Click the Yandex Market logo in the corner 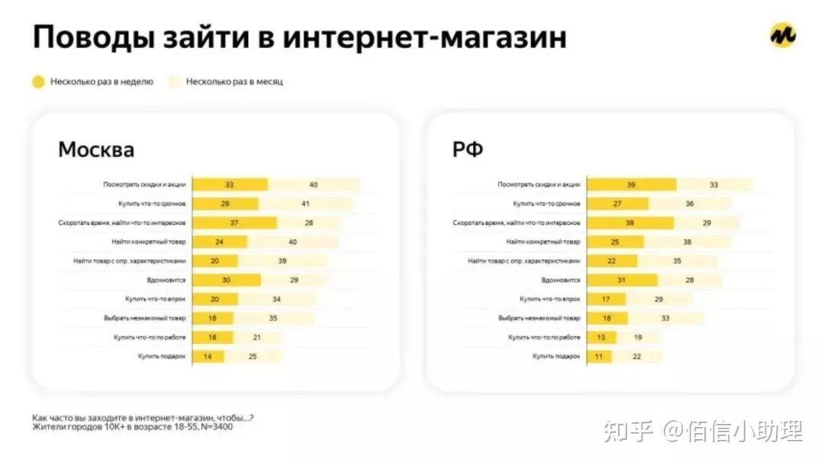(x=782, y=35)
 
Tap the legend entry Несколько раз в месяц (x=233, y=82)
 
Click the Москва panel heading (x=96, y=149)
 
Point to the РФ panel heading (x=468, y=149)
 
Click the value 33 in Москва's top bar (x=230, y=184)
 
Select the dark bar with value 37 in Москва (x=234, y=223)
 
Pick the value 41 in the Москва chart (x=305, y=204)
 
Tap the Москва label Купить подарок (x=162, y=356)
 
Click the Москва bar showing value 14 (x=208, y=356)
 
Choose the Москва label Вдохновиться (x=166, y=280)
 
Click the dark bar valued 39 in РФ (x=631, y=184)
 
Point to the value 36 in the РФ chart (x=689, y=204)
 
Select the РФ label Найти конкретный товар (x=543, y=242)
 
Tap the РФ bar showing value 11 (x=599, y=356)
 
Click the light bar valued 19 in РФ (x=638, y=337)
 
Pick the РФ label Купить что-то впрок (x=549, y=299)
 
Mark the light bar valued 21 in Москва (x=257, y=337)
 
